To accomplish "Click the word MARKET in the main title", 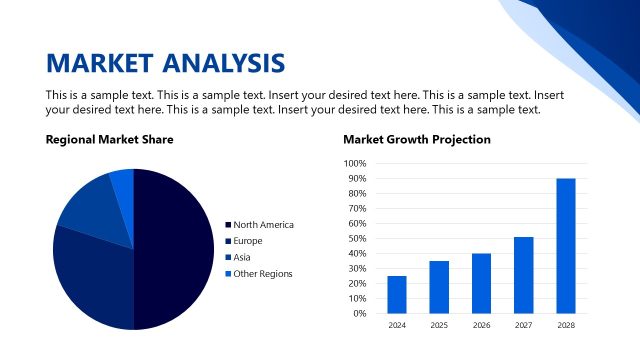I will (x=95, y=63).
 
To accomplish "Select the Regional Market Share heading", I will (x=109, y=140).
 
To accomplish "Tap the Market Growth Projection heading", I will (x=417, y=140).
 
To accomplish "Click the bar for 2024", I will (x=397, y=294).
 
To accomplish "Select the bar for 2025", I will (x=439, y=287).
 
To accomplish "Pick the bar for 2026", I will (x=482, y=283).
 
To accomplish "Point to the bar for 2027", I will (x=524, y=275).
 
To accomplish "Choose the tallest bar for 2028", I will (x=566, y=246).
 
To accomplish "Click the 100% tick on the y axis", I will (x=355, y=163).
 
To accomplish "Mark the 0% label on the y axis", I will (x=360, y=313).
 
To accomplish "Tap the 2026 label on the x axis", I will (x=482, y=325).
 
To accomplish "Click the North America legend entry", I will (x=262, y=225).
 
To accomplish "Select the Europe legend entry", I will (x=248, y=241).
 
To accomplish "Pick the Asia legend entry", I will (x=243, y=257).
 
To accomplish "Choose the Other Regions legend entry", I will (x=262, y=273).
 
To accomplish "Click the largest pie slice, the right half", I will (x=175, y=250).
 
